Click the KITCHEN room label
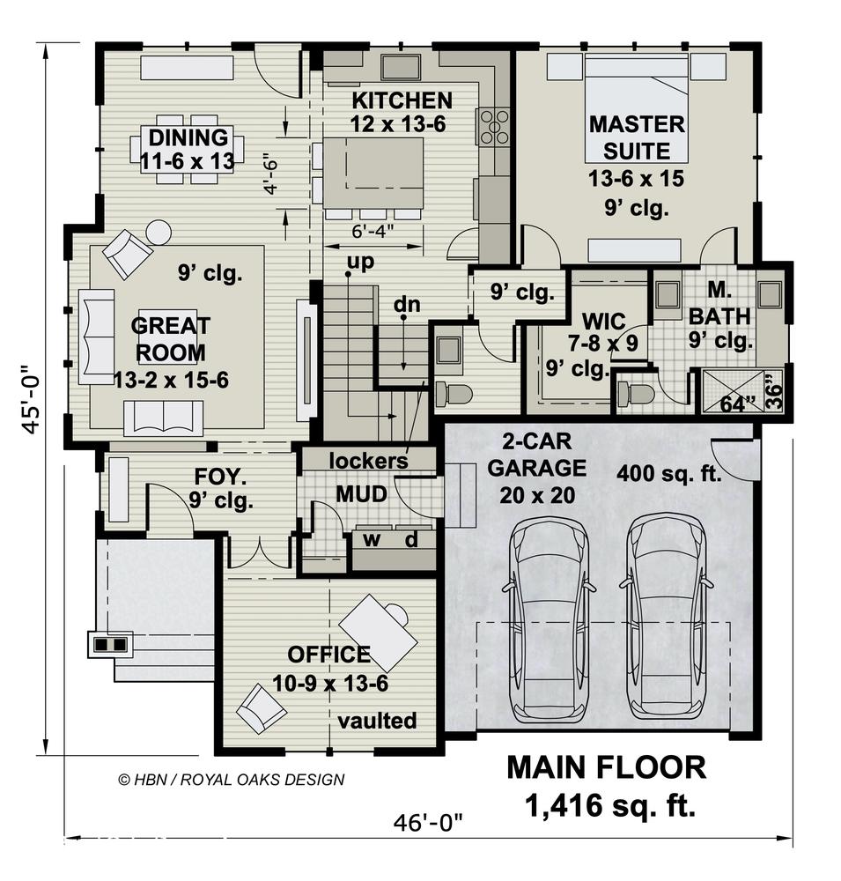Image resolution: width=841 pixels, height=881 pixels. [x=402, y=100]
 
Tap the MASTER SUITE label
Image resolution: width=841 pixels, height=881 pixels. [x=637, y=137]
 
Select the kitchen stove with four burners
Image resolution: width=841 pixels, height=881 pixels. [x=495, y=127]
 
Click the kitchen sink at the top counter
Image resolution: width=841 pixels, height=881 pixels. [x=400, y=67]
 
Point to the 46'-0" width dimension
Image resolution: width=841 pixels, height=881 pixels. [x=428, y=823]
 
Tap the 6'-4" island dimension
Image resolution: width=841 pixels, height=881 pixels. [x=373, y=231]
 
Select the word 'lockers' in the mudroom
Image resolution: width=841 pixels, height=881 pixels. [x=368, y=461]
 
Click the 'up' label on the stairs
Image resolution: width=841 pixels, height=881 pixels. [x=360, y=262]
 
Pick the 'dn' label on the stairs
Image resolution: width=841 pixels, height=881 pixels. [x=407, y=304]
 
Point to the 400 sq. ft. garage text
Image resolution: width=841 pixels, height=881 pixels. [x=668, y=474]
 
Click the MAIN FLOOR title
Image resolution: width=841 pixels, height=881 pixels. [x=606, y=767]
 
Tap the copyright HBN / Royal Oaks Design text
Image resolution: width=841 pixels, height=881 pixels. [x=232, y=780]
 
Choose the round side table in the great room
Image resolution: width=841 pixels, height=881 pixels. [x=159, y=232]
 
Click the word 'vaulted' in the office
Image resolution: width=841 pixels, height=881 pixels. [x=377, y=721]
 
